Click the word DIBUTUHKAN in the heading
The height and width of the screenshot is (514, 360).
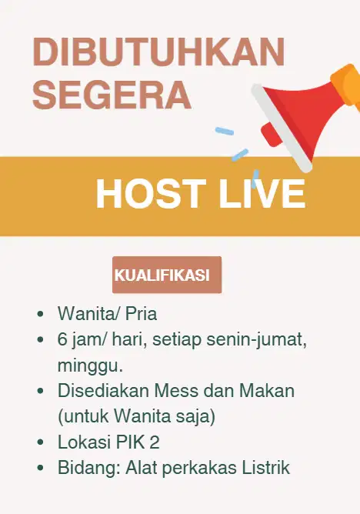[x=158, y=53]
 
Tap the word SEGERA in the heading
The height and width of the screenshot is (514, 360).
[x=112, y=95]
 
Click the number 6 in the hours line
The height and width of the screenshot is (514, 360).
[x=62, y=339]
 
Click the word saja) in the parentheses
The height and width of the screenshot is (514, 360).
[x=195, y=416]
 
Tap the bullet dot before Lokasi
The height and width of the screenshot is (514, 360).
[x=40, y=442]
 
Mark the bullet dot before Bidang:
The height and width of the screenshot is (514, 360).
[x=40, y=468]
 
